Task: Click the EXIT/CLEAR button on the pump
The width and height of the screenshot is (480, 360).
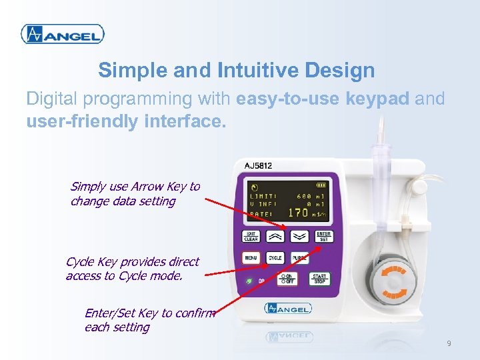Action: [x=251, y=236]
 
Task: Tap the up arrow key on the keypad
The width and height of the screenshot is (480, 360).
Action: [x=275, y=236]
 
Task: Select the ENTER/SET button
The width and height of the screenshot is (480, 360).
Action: [x=323, y=236]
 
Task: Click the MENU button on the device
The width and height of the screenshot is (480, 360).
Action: [x=251, y=258]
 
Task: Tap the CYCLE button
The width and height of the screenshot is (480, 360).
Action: [x=275, y=258]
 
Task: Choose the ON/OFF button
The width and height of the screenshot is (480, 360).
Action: [x=288, y=279]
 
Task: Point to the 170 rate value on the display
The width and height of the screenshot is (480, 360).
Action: [x=297, y=213]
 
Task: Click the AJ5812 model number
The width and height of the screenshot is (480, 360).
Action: [x=258, y=165]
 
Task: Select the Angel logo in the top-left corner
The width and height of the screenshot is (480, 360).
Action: [x=62, y=34]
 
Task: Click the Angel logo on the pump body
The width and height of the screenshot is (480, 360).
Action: [x=288, y=308]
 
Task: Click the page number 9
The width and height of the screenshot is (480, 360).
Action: [x=449, y=343]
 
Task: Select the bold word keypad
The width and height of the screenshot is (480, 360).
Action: [x=377, y=99]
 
